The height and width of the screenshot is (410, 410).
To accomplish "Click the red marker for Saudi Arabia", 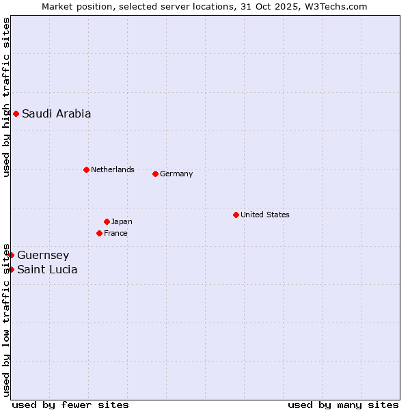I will pos(16,113).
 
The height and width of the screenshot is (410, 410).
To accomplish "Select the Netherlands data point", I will pos(86,169).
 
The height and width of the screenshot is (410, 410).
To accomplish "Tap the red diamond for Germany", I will pos(155,174).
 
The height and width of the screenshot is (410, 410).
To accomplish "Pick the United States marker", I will pos(236,215).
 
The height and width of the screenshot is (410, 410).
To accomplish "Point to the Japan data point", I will pos(107,221).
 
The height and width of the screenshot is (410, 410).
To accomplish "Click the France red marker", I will pos(99,233).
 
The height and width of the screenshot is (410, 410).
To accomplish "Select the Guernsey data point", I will pos(11,255).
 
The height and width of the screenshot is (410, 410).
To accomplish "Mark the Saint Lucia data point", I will pos(11,269).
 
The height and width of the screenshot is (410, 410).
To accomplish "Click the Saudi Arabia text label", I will pos(56,114).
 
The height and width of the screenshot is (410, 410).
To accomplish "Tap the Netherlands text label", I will pos(112,169).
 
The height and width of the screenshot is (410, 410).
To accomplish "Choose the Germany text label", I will pos(176,174).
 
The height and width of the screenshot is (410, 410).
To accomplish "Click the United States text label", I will pos(264,215).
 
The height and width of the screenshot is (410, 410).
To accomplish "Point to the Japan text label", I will pos(122,221).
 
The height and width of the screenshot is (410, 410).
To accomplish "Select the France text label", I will pos(115,233).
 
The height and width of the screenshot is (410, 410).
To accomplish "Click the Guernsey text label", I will pos(43,256).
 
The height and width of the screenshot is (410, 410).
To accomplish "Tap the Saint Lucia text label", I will pos(47,270).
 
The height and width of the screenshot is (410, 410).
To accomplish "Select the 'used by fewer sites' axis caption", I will pos(70,405).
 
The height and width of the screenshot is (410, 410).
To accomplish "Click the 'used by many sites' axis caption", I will pos(343,405).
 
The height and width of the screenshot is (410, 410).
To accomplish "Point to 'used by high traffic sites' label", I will pos(6,97).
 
